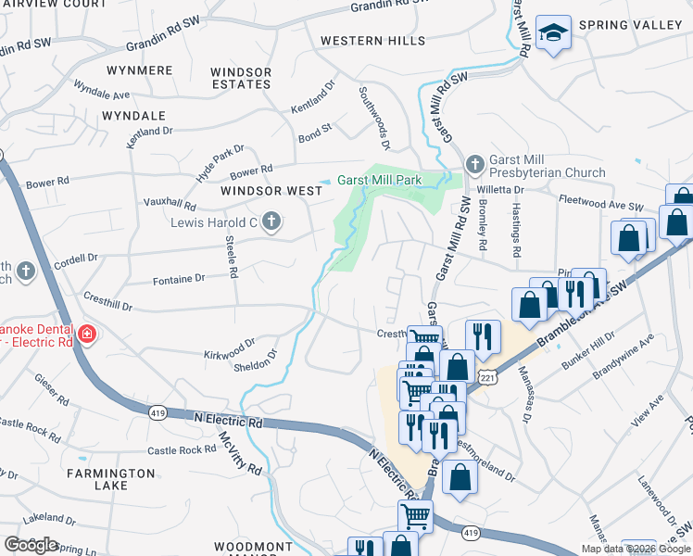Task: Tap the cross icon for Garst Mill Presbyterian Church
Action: [x=474, y=164]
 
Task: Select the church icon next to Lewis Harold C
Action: [x=271, y=221]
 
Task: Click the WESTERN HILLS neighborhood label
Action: [x=372, y=41]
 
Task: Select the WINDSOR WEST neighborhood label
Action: [x=271, y=191]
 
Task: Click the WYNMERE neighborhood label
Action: [x=140, y=70]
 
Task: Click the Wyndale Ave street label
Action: [x=102, y=95]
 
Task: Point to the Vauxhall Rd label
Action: [x=170, y=204]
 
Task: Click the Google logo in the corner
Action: [x=31, y=544]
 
